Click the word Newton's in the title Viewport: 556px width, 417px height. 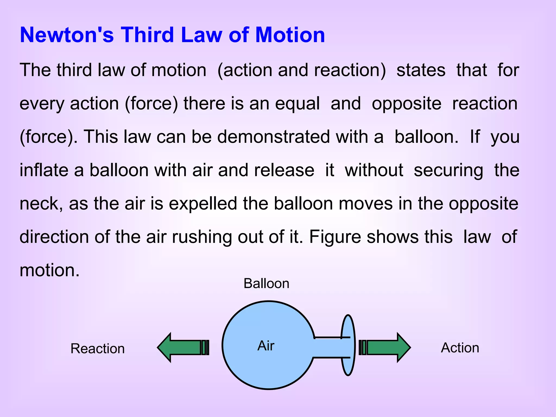67,35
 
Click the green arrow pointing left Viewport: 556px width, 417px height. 182,347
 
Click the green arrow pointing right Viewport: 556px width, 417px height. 386,347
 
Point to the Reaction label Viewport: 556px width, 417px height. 97,349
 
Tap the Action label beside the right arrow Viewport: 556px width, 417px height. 460,348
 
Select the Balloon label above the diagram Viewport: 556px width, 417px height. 266,283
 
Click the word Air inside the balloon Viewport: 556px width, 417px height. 266,346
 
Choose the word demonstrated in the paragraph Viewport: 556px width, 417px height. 273,137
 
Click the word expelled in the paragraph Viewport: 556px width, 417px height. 203,204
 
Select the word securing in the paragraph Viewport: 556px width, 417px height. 448,170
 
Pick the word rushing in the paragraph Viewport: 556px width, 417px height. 202,237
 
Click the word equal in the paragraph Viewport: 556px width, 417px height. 297,104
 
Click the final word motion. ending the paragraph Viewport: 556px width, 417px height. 50,270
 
